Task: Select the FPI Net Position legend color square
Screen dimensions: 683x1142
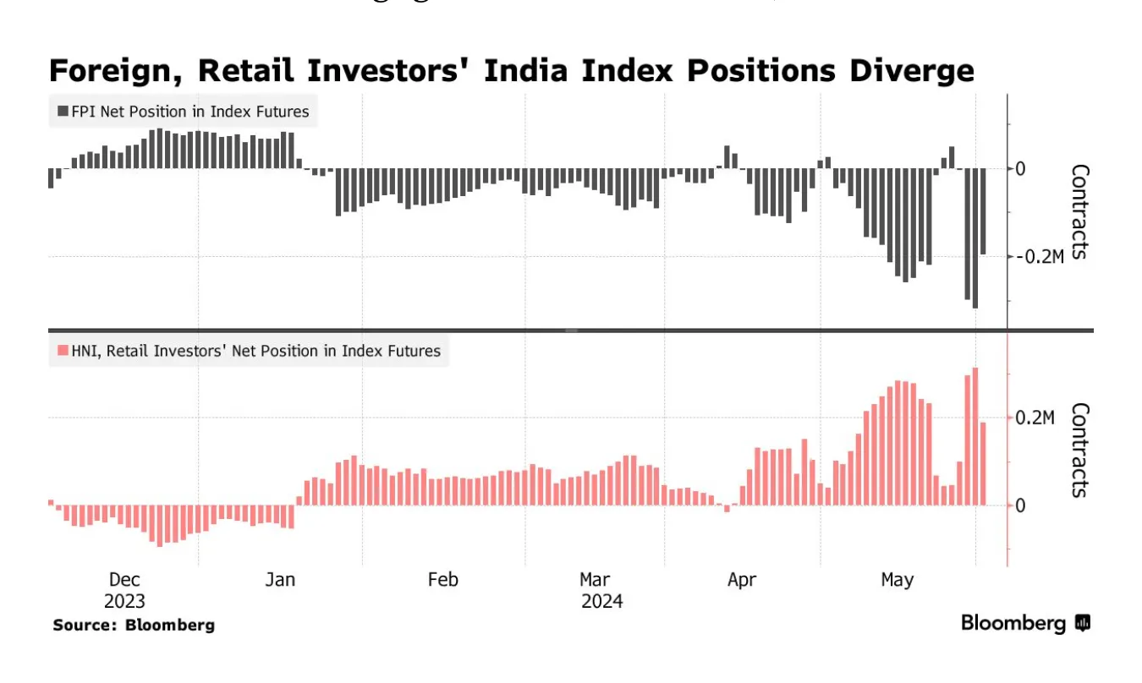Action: click(63, 112)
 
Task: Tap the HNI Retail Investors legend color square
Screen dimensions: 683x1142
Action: click(63, 350)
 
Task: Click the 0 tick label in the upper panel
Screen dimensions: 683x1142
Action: click(1020, 168)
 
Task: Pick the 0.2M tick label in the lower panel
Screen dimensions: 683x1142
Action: click(1035, 418)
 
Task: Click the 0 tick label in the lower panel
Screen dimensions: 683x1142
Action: click(1020, 505)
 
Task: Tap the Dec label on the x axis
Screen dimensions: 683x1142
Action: click(124, 580)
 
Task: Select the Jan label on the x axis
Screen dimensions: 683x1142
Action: click(280, 580)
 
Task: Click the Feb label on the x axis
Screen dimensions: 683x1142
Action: click(442, 580)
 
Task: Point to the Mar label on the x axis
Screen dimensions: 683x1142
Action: click(596, 580)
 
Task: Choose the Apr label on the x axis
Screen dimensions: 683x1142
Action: click(742, 580)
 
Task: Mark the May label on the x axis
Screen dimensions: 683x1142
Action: click(898, 580)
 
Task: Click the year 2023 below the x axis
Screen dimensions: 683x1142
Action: click(124, 602)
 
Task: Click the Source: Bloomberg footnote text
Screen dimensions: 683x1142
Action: click(134, 626)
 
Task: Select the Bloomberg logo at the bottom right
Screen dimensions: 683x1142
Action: click(1025, 624)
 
